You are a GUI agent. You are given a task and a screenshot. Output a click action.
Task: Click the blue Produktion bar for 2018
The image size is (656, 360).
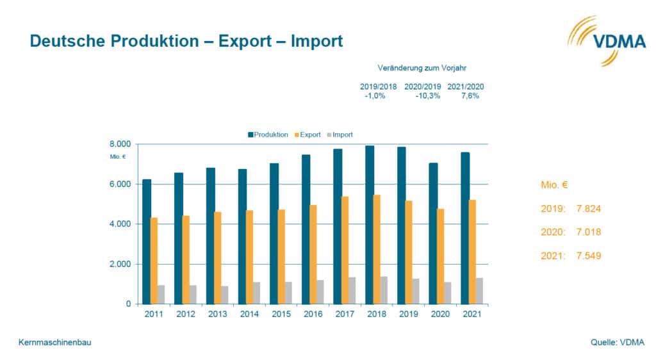point(370,224)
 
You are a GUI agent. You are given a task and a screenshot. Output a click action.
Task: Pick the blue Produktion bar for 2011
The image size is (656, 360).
point(147,241)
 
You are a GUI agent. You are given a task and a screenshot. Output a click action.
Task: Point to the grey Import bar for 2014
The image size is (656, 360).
point(257,293)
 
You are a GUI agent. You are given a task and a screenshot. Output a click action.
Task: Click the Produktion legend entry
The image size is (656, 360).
point(268,135)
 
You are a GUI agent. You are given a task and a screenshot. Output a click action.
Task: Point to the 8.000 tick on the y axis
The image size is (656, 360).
point(120,144)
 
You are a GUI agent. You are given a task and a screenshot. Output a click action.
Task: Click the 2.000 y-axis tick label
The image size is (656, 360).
point(120,264)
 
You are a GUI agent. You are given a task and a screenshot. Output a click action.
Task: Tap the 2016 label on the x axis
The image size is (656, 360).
point(313,315)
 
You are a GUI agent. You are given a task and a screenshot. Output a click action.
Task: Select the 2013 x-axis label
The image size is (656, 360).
point(217,315)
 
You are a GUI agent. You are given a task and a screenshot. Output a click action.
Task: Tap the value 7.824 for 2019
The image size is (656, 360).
point(587,209)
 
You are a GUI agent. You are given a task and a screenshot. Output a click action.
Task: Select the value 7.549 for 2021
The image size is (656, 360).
point(587,256)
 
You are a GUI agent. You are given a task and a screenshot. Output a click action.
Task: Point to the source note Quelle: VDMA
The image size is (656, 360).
point(617,343)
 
